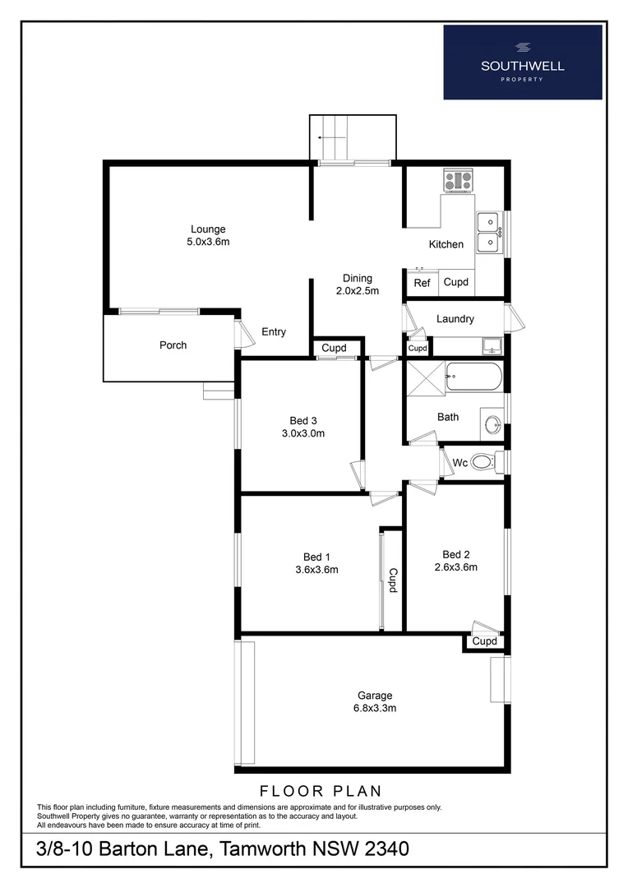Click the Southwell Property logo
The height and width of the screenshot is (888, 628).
pyautogui.click(x=523, y=62)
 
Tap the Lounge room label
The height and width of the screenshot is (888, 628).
pyautogui.click(x=208, y=229)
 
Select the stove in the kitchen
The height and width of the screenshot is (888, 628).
pyautogui.click(x=458, y=180)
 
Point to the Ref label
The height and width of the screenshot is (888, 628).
pyautogui.click(x=422, y=283)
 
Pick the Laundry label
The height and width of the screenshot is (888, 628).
pyautogui.click(x=455, y=319)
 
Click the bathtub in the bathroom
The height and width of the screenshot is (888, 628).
pyautogui.click(x=473, y=377)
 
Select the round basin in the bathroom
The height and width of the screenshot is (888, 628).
pyautogui.click(x=492, y=424)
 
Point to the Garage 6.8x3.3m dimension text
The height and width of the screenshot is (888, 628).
pyautogui.click(x=374, y=708)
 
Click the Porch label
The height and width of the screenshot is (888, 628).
pyautogui.click(x=173, y=345)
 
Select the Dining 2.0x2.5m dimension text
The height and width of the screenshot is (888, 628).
pyautogui.click(x=358, y=291)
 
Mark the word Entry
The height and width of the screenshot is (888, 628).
pyautogui.click(x=274, y=332)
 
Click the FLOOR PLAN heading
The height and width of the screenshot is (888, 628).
pyautogui.click(x=321, y=792)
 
